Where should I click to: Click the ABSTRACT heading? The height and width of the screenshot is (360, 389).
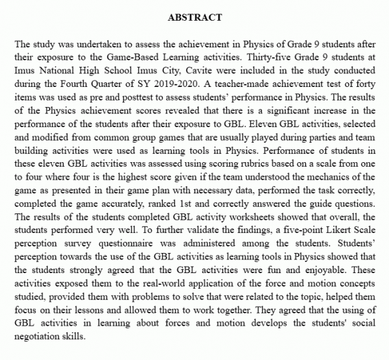[194, 17]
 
